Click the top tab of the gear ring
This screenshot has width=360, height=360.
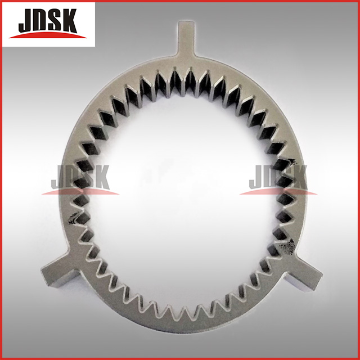coord(186,38)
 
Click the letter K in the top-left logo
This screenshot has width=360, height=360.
coord(67,21)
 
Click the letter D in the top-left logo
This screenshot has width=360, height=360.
coord(39,20)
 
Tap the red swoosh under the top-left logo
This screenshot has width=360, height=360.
coord(47,35)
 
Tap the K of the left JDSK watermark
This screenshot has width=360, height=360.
coord(101,177)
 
